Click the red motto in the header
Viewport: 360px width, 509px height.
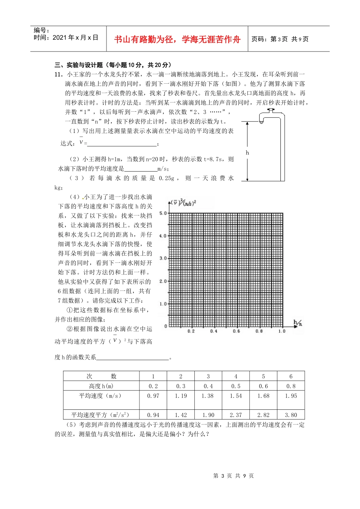177,39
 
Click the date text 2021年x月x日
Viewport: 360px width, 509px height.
66,37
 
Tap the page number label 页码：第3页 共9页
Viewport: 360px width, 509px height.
280,39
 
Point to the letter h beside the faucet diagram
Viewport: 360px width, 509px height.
247,153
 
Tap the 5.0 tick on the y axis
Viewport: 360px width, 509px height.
163,213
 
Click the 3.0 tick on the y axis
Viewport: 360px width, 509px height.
163,258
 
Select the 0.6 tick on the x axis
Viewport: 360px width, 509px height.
236,331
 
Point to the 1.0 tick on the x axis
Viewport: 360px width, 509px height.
282,331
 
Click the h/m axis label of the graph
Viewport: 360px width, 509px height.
298,323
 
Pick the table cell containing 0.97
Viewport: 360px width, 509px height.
153,396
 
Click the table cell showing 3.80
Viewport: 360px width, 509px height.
291,415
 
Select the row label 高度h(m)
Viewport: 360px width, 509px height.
101,386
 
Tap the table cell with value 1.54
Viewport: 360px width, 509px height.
236,396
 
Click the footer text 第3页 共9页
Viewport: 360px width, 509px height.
233,476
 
